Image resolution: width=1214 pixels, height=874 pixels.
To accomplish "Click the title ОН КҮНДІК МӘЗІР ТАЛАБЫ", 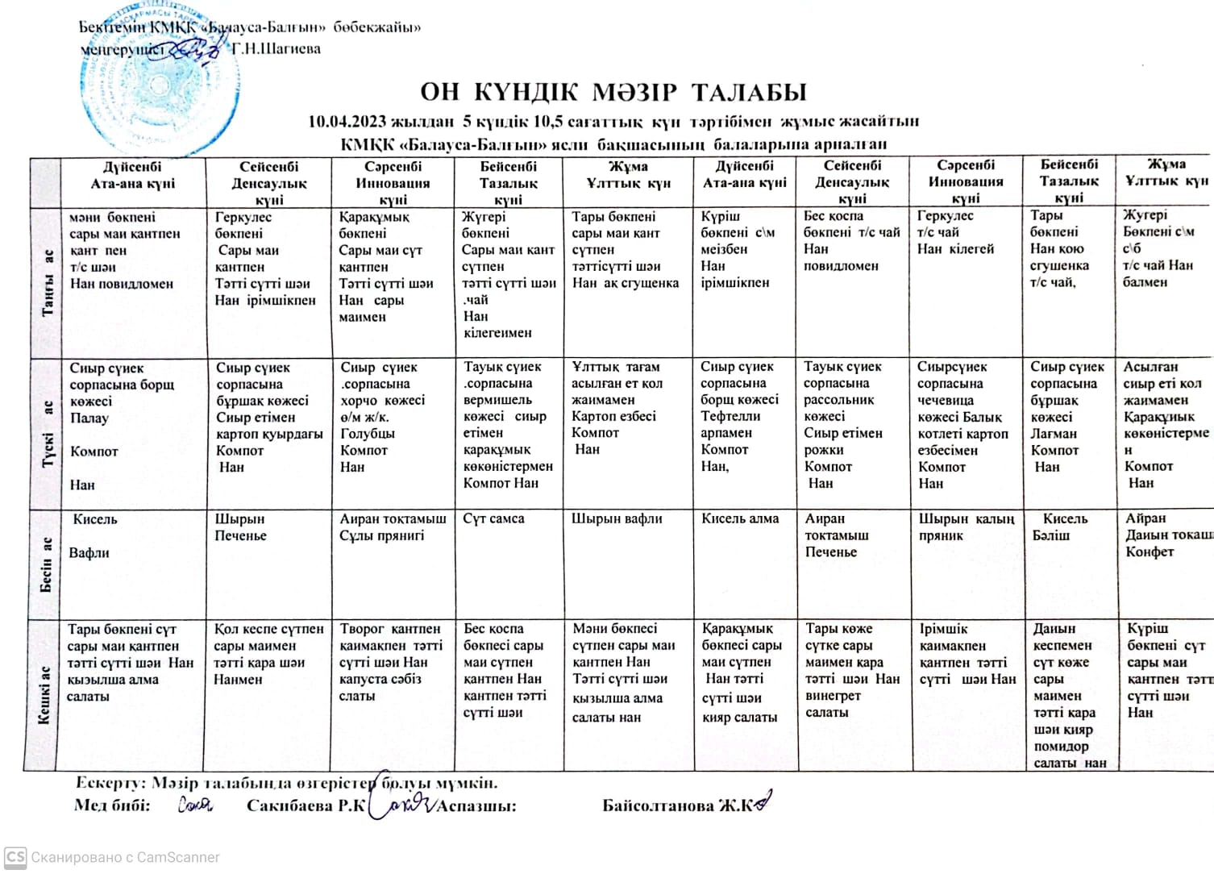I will point(613,92).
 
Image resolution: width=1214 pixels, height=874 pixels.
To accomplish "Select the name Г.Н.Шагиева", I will point(276,49).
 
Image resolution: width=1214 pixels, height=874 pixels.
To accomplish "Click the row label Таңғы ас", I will point(48,283).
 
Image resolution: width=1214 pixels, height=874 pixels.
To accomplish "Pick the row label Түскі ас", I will point(48,434).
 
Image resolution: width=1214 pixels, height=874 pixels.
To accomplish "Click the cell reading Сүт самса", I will point(493,519).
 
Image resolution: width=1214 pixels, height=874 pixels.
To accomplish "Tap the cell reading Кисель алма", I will point(740,519).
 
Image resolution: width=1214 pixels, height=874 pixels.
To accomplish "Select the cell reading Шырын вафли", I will point(617,519).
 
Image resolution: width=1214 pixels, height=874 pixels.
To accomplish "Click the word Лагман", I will point(1054,434).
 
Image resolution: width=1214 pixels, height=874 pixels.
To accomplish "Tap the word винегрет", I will point(833,695).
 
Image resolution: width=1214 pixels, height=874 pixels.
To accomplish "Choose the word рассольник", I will point(839,400).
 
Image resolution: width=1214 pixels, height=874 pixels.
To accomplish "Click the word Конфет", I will point(1150,551).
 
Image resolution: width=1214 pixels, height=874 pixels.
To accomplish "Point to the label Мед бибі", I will point(112,805).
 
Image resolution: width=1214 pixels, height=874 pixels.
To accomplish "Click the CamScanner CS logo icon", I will point(15,857).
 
